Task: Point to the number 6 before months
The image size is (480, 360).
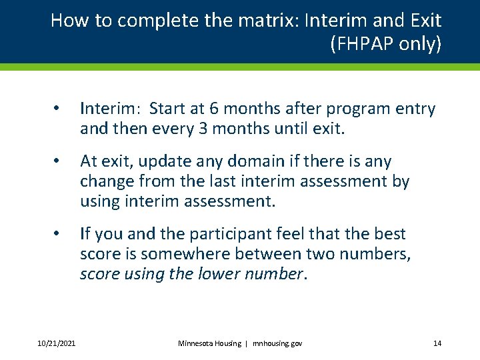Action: [x=213, y=109]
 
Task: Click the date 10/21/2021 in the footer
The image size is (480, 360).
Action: [x=57, y=343]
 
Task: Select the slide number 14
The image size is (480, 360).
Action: [x=437, y=343]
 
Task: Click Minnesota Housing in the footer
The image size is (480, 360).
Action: [x=209, y=343]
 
